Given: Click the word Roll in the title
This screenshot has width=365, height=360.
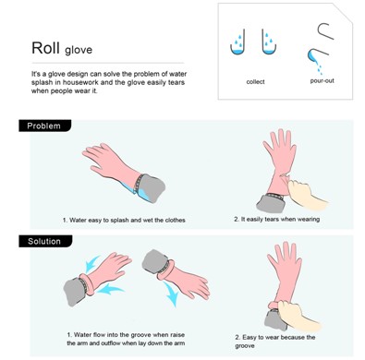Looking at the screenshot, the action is coord(46,48).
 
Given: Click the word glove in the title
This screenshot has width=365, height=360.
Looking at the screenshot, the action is coord(79,50).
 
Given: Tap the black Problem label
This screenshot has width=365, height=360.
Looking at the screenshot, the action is coord(45,126).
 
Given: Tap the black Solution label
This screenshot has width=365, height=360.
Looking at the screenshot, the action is coord(45,241).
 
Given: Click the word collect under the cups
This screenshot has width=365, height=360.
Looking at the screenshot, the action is coord(255,82).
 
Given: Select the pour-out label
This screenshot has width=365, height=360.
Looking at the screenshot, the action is coord(322,81).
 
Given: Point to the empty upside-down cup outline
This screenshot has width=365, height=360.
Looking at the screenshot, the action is coord(325,30).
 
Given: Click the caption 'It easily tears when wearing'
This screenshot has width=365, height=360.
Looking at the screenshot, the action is coord(276,219).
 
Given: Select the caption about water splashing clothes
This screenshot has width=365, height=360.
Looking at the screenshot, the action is coord(124,220).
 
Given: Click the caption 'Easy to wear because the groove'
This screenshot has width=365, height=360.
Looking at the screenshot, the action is coord(275,342).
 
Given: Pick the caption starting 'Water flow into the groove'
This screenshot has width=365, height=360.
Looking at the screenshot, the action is coord(126,339).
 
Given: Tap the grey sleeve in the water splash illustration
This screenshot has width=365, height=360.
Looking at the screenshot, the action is coord(151,186).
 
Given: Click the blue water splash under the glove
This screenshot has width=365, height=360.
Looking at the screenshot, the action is coord(136,191).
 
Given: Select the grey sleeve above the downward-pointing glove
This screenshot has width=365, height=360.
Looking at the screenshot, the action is coord(155,262).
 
